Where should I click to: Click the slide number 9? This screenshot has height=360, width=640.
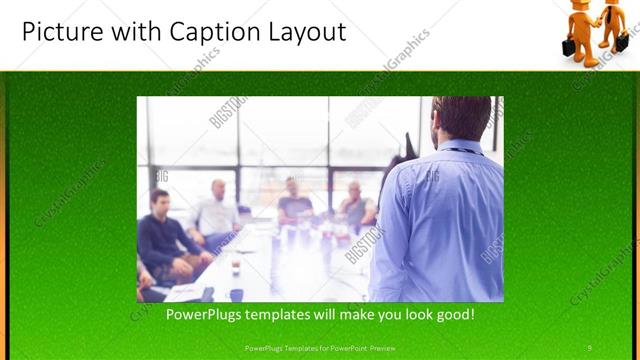589,348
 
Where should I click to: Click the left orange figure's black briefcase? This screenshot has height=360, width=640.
569,47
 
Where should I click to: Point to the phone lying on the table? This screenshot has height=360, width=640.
207,294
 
